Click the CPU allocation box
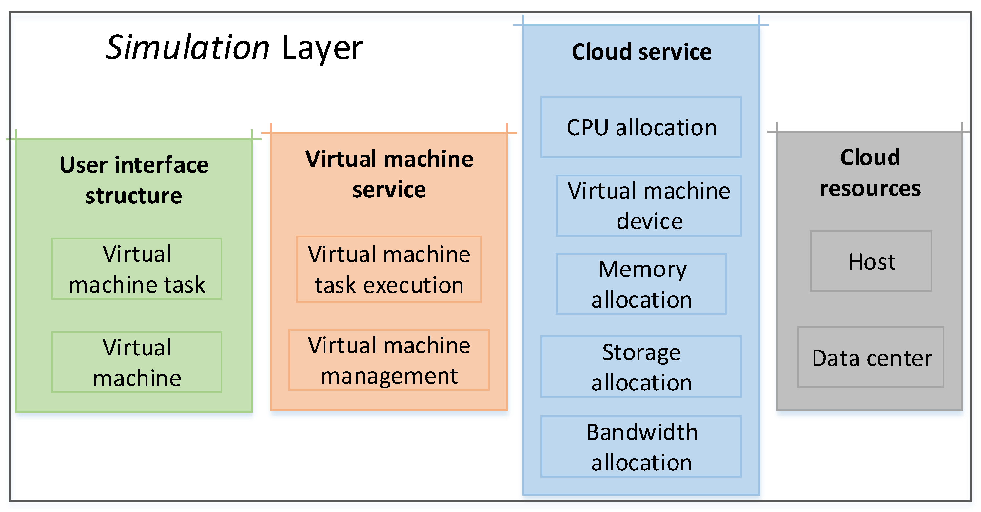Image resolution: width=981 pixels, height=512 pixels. (641, 127)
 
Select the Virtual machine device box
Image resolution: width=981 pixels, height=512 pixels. (649, 206)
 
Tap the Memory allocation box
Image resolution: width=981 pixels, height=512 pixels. (641, 284)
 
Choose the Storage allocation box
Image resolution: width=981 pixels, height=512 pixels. (641, 367)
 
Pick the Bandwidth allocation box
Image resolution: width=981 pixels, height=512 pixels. (641, 446)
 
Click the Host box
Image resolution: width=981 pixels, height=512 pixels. (871, 261)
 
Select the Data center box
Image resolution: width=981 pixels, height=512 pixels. (871, 357)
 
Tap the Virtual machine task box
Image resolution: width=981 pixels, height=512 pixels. (137, 269)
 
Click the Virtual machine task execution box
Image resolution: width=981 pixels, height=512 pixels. (389, 269)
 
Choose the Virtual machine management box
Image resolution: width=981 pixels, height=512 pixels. (389, 360)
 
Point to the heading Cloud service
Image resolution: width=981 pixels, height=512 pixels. (642, 52)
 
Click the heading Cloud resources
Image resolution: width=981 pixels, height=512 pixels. (870, 172)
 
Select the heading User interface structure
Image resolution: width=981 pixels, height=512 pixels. (134, 180)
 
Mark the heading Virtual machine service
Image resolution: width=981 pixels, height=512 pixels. (389, 174)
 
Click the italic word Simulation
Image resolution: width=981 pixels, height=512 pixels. (188, 47)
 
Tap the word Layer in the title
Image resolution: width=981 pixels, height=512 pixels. (322, 48)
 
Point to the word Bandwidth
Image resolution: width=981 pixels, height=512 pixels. (642, 432)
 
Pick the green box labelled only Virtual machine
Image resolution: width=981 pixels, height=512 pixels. (137, 362)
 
